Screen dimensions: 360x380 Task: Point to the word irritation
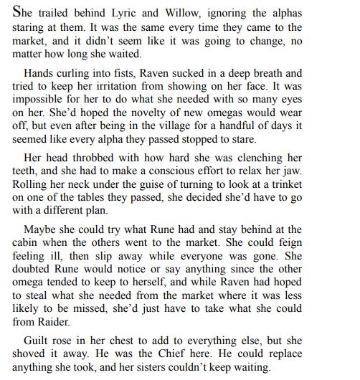[151, 87]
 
